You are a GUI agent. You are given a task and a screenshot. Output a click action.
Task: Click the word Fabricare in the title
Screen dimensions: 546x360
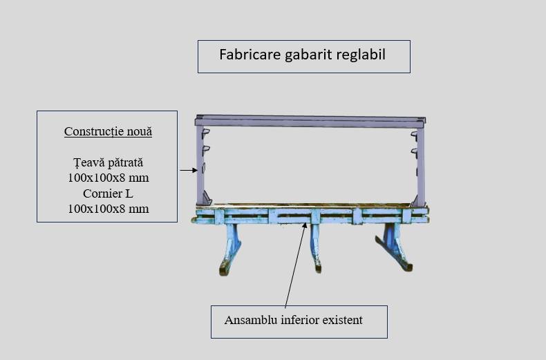tap(250, 55)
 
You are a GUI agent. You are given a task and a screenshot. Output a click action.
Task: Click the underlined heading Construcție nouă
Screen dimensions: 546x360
tap(108, 131)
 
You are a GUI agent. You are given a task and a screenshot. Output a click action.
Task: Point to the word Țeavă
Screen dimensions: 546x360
tap(87, 162)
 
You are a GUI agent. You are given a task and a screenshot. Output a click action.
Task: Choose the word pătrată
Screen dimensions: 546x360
tap(124, 162)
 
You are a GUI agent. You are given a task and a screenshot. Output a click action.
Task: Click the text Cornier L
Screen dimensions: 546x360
tap(108, 193)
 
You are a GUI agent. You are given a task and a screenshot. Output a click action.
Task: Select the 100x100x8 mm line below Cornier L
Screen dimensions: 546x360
tap(109, 209)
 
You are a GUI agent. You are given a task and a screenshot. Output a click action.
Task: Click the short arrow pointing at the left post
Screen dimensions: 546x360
tap(189, 170)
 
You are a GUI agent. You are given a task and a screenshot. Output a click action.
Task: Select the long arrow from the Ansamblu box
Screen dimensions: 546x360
tap(296, 265)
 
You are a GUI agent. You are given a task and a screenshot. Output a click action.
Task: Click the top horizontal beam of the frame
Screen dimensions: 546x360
tap(310, 120)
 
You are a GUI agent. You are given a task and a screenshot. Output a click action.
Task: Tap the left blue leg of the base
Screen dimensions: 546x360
tap(230, 248)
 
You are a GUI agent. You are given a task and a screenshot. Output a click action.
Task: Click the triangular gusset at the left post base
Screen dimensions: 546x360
tap(207, 198)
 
